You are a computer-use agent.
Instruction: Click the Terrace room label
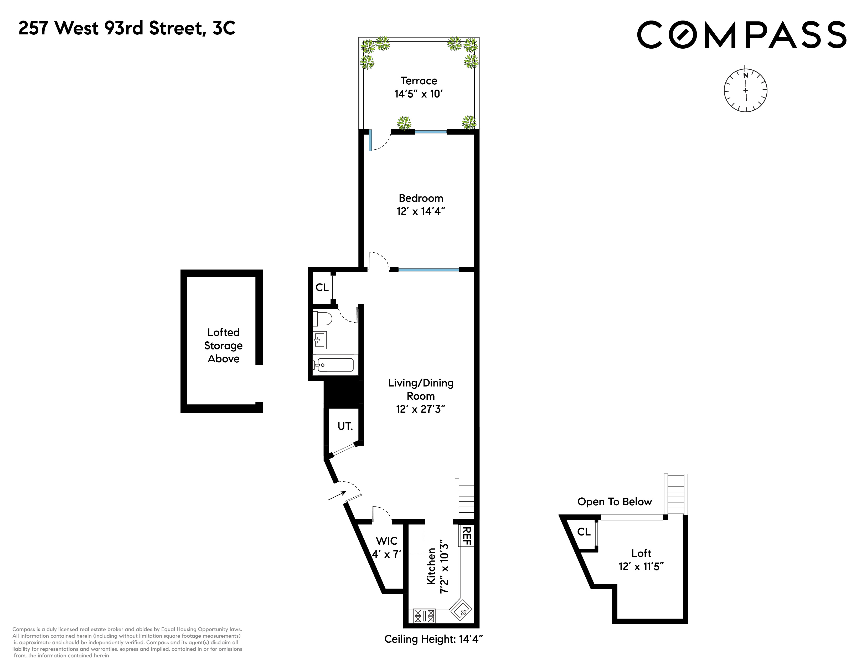coord(419,81)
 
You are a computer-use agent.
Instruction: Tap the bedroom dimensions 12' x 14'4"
coord(421,211)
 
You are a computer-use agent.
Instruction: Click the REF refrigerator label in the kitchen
coord(466,536)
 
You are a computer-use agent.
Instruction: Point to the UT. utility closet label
coord(345,426)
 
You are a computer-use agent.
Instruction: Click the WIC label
coord(387,541)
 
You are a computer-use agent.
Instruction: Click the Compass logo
coord(742,35)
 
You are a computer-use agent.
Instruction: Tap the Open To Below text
coord(615,502)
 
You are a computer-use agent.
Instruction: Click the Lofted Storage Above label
coord(224,345)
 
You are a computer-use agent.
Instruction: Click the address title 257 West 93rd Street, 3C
coord(127,28)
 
